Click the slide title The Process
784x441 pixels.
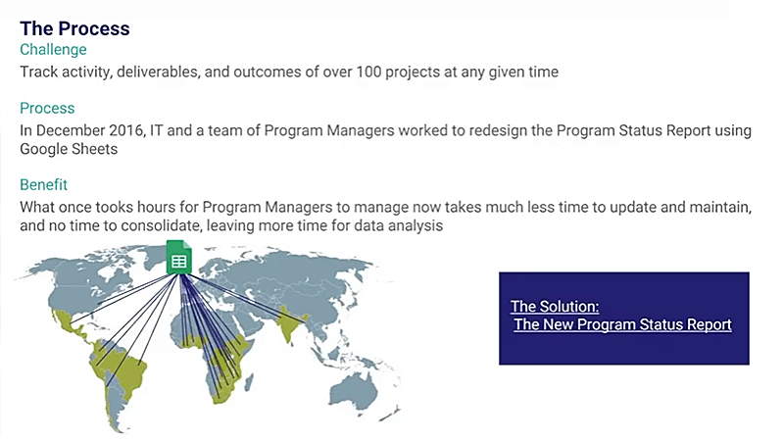coord(74,28)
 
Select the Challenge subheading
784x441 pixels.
coord(53,50)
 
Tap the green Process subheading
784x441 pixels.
coord(47,108)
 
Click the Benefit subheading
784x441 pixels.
coord(43,184)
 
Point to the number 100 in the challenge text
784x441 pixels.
coord(368,72)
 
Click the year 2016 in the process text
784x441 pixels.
coord(127,130)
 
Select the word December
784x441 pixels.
coord(70,130)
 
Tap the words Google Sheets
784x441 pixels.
coord(69,149)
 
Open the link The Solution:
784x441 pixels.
coord(555,306)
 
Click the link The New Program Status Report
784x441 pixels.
coord(622,324)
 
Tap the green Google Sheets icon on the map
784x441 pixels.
coord(178,258)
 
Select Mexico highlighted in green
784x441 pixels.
coord(68,321)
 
